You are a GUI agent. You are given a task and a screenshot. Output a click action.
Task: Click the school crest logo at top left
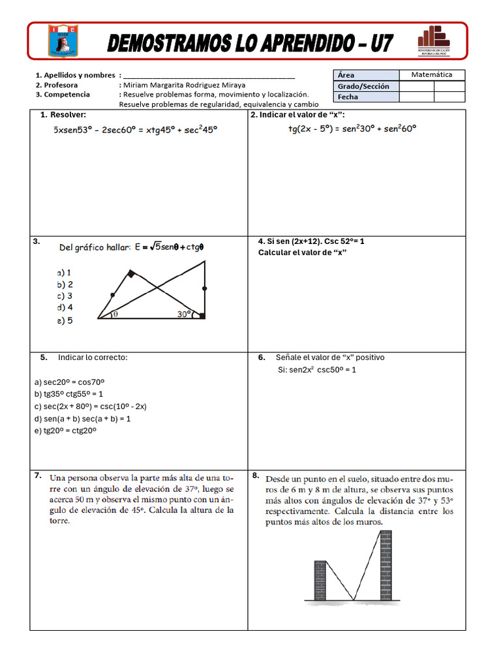63,40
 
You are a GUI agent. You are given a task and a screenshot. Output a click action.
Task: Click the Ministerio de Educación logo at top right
434,40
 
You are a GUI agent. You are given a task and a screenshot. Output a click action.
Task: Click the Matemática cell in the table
431,75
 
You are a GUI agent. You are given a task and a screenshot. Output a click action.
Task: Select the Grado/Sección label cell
364,86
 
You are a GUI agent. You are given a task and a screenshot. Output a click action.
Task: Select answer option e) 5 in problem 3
65,321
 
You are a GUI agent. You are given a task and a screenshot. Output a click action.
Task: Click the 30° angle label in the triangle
184,314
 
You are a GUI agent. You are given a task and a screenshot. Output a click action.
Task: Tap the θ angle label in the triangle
115,314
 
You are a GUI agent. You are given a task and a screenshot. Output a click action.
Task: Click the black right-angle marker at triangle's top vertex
131,274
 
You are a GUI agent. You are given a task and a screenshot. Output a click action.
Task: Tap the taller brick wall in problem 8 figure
386,565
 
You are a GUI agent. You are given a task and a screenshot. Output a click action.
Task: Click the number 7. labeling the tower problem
38,476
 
